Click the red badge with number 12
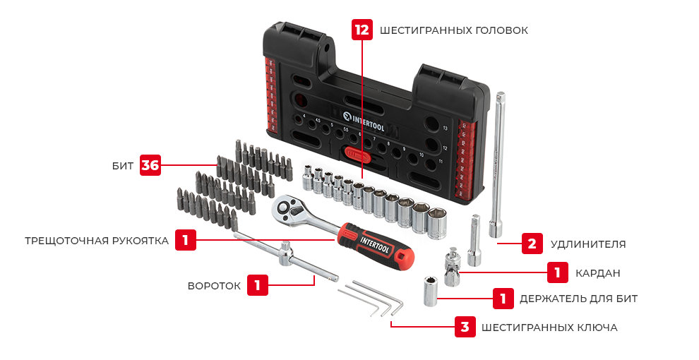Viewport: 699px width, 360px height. [362, 30]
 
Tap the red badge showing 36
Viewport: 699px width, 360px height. [150, 165]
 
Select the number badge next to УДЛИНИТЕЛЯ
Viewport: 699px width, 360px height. [532, 244]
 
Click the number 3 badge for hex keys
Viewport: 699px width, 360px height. [464, 327]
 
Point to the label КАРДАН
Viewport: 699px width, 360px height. [597, 272]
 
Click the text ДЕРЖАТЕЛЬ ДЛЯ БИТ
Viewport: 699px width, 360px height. [578, 299]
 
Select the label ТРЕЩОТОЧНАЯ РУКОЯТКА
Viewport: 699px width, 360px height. [97, 241]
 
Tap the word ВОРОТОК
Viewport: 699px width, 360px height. [214, 286]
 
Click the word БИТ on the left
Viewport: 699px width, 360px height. [123, 166]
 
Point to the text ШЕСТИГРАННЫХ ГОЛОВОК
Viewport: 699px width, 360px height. [453, 30]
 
